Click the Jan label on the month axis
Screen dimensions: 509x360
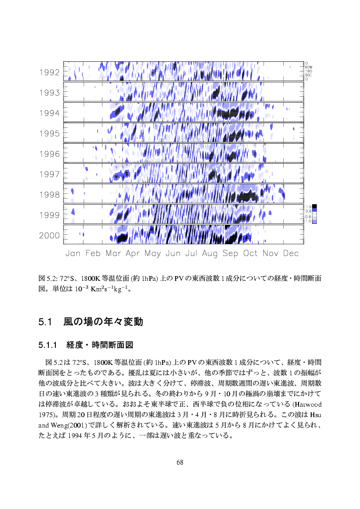tap(73, 253)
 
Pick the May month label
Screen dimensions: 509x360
tap(153, 253)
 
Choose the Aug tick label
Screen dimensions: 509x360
tap(210, 253)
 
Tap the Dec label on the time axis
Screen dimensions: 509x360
tap(291, 253)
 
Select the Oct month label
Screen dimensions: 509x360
tap(250, 253)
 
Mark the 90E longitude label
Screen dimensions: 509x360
tap(309, 75)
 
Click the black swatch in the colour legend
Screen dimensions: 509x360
tap(314, 206)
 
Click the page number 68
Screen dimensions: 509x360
tap(180, 462)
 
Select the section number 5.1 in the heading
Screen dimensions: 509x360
tap(45, 322)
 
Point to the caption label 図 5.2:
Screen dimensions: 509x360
tap(48, 278)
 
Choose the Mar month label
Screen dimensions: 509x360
tap(113, 253)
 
